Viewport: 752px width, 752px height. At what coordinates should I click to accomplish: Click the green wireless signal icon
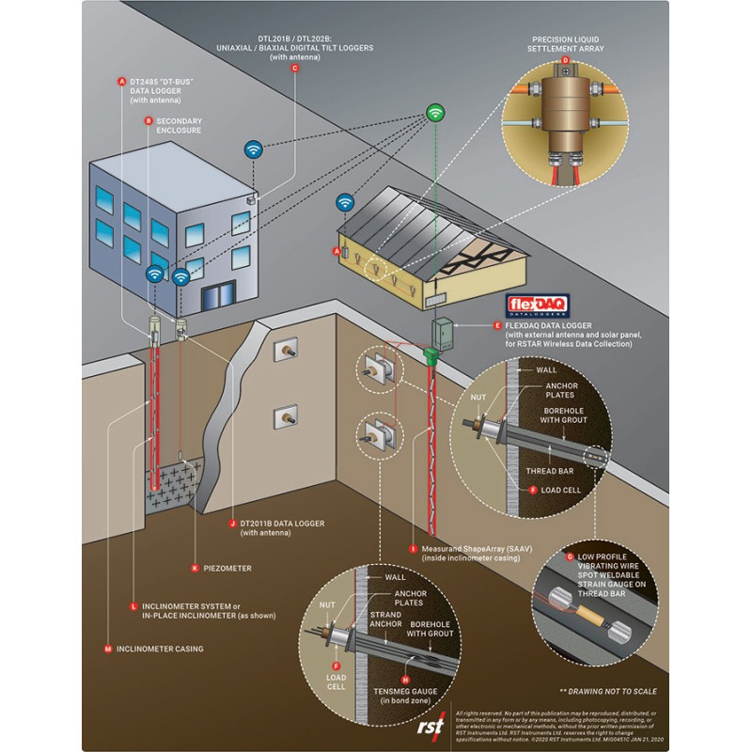pyautogui.click(x=434, y=113)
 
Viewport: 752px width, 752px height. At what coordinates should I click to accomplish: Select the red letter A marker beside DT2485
pyautogui.click(x=121, y=82)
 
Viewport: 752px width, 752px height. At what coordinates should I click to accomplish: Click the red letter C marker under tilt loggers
pyautogui.click(x=294, y=69)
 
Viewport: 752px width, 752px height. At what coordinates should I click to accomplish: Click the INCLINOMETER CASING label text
pyautogui.click(x=160, y=649)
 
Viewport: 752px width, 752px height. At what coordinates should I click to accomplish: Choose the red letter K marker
pyautogui.click(x=196, y=568)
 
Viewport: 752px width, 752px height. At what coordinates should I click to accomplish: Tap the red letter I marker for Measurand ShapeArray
pyautogui.click(x=413, y=547)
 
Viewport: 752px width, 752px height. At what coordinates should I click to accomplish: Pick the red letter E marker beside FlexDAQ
pyautogui.click(x=497, y=325)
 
